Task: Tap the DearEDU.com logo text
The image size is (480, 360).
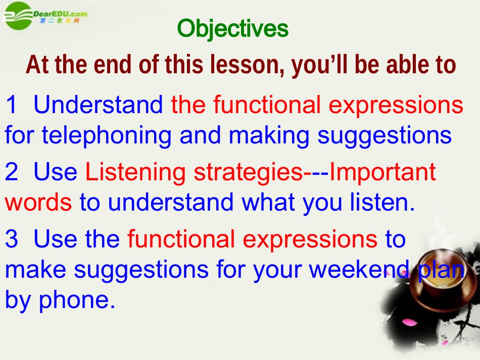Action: point(60,14)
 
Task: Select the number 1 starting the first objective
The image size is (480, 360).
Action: point(11,105)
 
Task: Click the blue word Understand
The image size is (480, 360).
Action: point(98,105)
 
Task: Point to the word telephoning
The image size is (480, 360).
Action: point(106,135)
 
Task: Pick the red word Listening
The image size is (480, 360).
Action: point(135,172)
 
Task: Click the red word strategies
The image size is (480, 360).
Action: point(248,172)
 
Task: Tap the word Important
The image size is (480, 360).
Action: point(382,172)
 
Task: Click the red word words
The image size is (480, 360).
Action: point(38,202)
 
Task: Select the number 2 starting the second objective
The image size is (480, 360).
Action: point(11,172)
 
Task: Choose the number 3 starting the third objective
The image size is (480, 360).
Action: point(11,239)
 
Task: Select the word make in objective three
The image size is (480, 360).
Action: point(35,269)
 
